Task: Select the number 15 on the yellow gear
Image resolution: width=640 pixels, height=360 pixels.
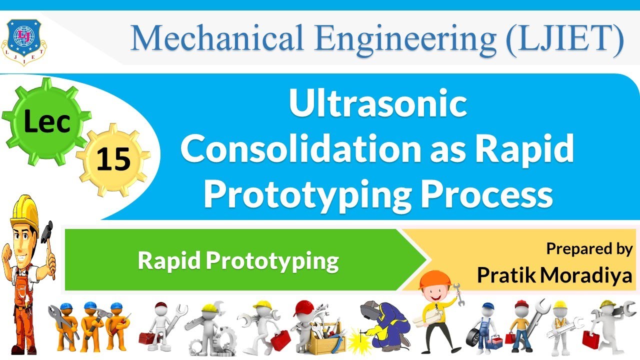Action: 113,159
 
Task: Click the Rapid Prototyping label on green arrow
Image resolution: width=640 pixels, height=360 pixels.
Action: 238,260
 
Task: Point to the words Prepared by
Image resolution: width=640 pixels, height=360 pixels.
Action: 589,248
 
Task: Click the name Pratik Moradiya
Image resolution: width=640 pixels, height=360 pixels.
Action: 554,274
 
